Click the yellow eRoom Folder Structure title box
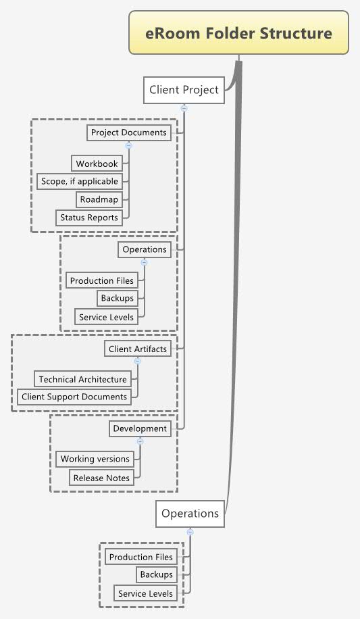239,33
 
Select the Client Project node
184,90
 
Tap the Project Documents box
128,132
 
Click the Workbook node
97,164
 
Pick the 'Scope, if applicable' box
79,181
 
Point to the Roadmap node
99,199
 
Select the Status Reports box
88,218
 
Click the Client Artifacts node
137,349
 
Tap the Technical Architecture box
82,379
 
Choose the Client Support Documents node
74,397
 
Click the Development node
139,428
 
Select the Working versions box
95,459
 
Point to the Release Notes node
101,478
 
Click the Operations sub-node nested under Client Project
144,249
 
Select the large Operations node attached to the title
190,514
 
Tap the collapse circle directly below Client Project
184,108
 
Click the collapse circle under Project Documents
128,145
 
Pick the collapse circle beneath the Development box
140,441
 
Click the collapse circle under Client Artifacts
137,362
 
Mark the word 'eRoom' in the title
169,33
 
